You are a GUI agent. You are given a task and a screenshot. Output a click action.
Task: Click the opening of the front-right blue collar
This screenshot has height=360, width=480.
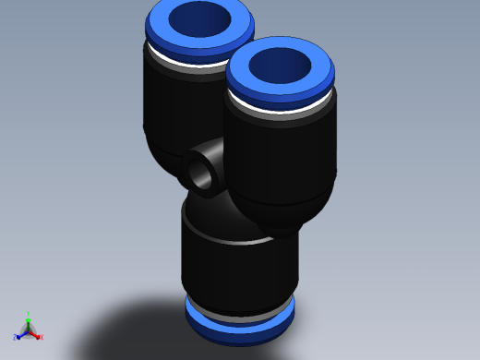click(x=281, y=65)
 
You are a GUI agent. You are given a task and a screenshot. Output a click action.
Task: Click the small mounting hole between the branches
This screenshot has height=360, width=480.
click(x=199, y=171)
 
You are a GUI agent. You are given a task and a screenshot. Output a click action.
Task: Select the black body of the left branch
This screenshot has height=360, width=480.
click(x=171, y=111)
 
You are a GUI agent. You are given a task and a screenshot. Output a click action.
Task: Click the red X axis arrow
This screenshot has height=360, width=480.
click(x=36, y=335)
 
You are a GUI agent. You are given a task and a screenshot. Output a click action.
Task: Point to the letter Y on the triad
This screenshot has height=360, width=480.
click(x=28, y=313)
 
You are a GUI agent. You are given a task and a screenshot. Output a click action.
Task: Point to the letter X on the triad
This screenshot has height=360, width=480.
click(x=41, y=338)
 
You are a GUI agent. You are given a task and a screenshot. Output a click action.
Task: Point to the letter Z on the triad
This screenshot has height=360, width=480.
click(x=15, y=339)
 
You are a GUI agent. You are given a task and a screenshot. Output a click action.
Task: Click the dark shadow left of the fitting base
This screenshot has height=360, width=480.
click(x=129, y=323)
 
